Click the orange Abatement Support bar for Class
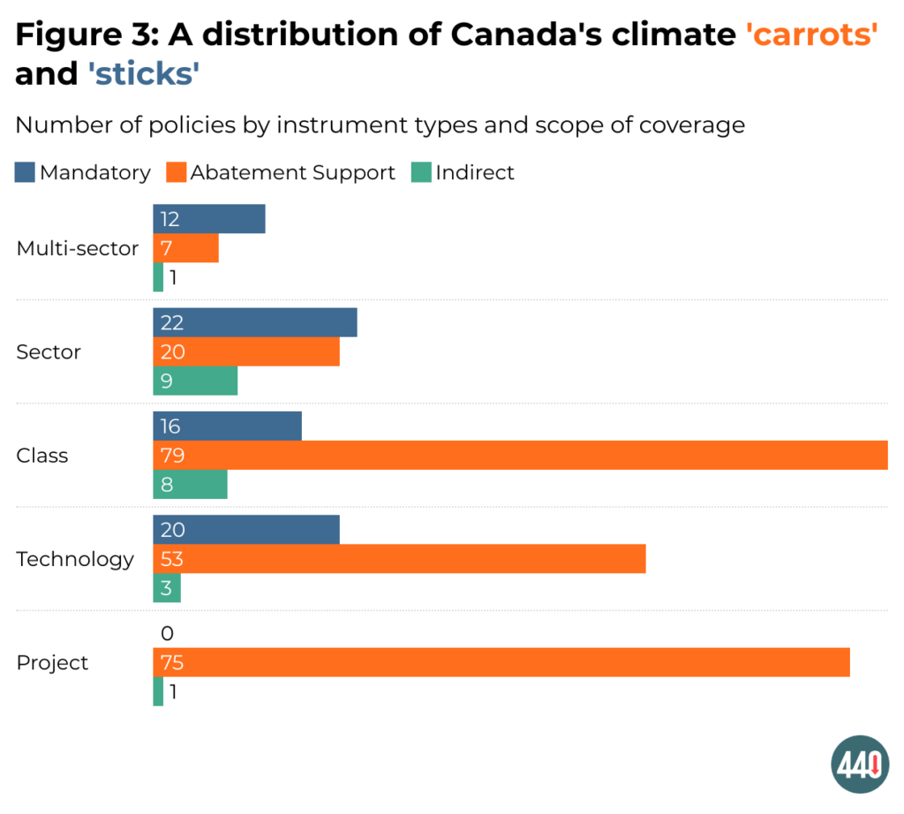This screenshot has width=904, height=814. coord(520,456)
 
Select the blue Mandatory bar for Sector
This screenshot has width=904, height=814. coord(254,322)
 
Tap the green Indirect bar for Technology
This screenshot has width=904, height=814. coord(167,589)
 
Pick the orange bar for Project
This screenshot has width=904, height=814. coord(501,662)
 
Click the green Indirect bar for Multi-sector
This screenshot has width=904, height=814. coord(158,277)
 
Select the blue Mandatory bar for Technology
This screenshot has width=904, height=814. coord(245,530)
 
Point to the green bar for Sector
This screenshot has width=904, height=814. coord(195,381)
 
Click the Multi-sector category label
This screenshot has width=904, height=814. coord(78,249)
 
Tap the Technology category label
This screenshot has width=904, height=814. coord(75,559)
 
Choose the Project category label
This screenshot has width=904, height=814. coord(52,663)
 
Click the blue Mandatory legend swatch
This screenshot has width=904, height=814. coord(25,172)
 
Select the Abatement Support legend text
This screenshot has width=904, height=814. coord(292,172)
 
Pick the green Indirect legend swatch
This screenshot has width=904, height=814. coord(421,172)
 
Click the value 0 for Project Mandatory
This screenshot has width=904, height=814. coord(168,633)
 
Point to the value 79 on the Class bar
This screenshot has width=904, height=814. coord(171,456)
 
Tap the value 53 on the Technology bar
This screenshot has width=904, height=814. coord(171,559)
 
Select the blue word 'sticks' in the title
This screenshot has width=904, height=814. coord(143,74)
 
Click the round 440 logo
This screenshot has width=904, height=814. coord(860,764)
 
